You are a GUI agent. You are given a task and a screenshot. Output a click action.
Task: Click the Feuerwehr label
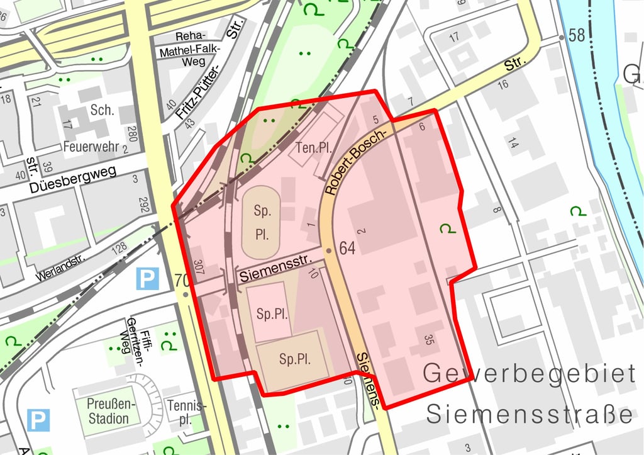92,146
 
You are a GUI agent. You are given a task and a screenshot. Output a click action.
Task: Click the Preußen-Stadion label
108,410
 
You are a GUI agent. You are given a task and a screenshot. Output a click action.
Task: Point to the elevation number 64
347,248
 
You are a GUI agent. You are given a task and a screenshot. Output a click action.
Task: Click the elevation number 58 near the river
577,35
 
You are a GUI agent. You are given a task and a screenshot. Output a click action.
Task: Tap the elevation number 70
182,280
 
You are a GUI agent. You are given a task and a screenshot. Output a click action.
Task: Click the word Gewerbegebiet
528,373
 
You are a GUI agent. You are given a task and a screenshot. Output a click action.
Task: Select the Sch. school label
102,110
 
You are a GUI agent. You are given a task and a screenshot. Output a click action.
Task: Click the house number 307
199,268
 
